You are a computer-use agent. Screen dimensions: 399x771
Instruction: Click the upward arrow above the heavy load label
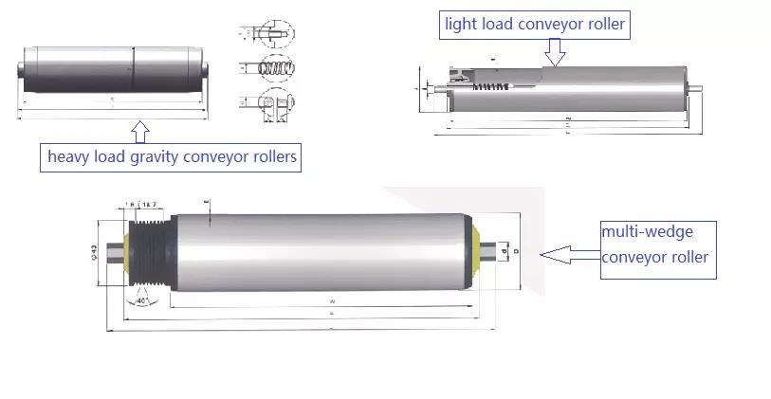click(139, 130)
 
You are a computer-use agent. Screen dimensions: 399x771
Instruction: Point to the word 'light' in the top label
click(465, 24)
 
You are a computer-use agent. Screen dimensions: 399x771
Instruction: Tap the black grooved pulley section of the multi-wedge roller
click(149, 251)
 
